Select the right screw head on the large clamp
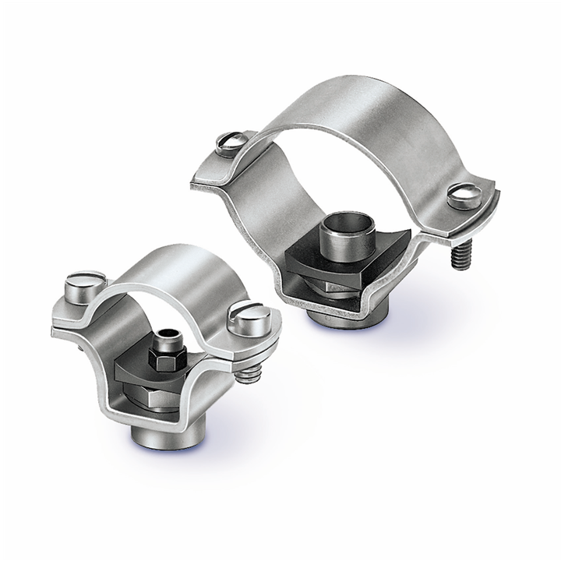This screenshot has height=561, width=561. [x=464, y=195]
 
